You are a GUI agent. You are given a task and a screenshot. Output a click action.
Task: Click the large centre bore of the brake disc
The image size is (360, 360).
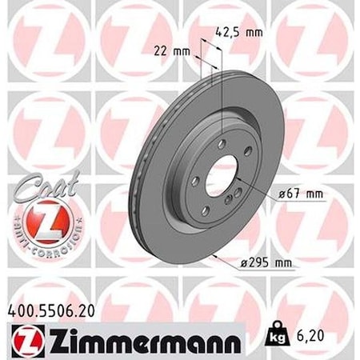pyautogui.click(x=222, y=171)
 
